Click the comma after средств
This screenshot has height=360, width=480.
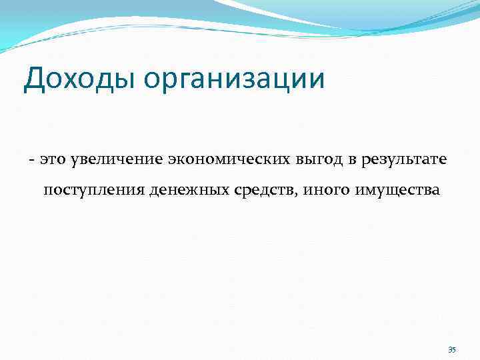297,195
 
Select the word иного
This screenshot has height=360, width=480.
323,191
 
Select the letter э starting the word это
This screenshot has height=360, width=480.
43,161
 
